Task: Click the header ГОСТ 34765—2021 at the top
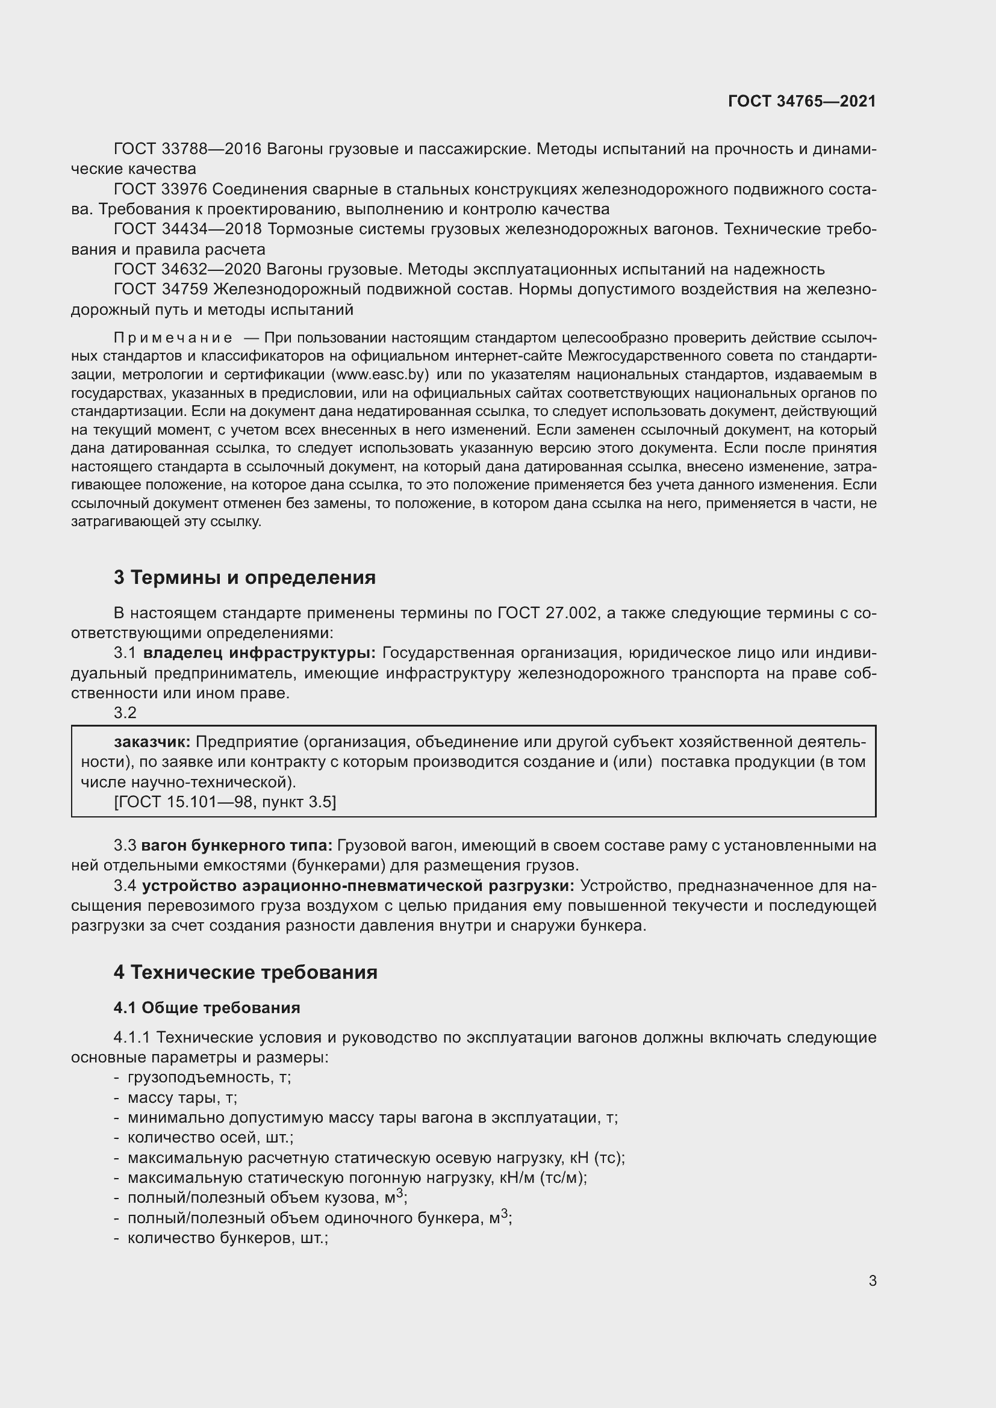click(x=801, y=101)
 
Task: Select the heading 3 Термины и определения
click(x=244, y=577)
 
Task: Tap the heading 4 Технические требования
click(x=245, y=972)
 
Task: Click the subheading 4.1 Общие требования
click(x=207, y=1008)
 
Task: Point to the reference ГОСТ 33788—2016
click(x=188, y=149)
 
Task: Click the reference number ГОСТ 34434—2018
click(x=188, y=229)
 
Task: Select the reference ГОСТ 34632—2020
click(x=188, y=269)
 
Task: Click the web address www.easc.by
click(x=379, y=374)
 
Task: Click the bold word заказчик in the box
click(x=152, y=742)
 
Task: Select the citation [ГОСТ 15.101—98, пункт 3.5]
click(x=225, y=802)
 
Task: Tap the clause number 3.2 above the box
click(x=125, y=713)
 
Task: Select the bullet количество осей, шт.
click(x=210, y=1138)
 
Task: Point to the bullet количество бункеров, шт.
click(x=228, y=1238)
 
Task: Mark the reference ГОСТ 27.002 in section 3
click(x=547, y=613)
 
